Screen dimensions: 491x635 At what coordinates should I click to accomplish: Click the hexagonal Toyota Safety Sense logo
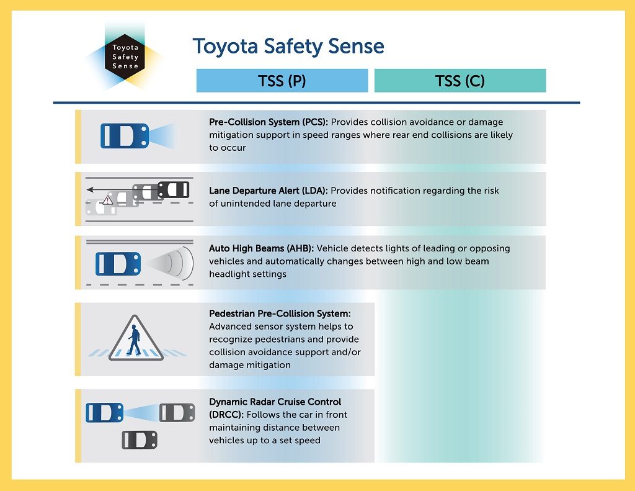[125, 56]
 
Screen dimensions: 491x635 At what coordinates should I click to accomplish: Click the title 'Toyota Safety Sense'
[288, 47]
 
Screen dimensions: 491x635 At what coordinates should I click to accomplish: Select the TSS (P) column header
[282, 81]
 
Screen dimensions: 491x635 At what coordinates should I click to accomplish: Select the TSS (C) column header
[460, 81]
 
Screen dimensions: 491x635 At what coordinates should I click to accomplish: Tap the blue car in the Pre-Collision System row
[125, 135]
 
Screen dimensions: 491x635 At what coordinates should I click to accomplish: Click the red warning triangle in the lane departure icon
[108, 200]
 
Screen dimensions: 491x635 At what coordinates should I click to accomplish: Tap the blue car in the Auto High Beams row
[118, 263]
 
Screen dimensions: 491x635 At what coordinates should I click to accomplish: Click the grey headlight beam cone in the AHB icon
[174, 263]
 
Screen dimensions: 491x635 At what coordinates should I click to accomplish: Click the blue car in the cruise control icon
[104, 412]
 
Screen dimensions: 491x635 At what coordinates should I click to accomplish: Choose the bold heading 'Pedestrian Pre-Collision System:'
[280, 313]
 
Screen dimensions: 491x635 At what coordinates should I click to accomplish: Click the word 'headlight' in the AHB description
[230, 274]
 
